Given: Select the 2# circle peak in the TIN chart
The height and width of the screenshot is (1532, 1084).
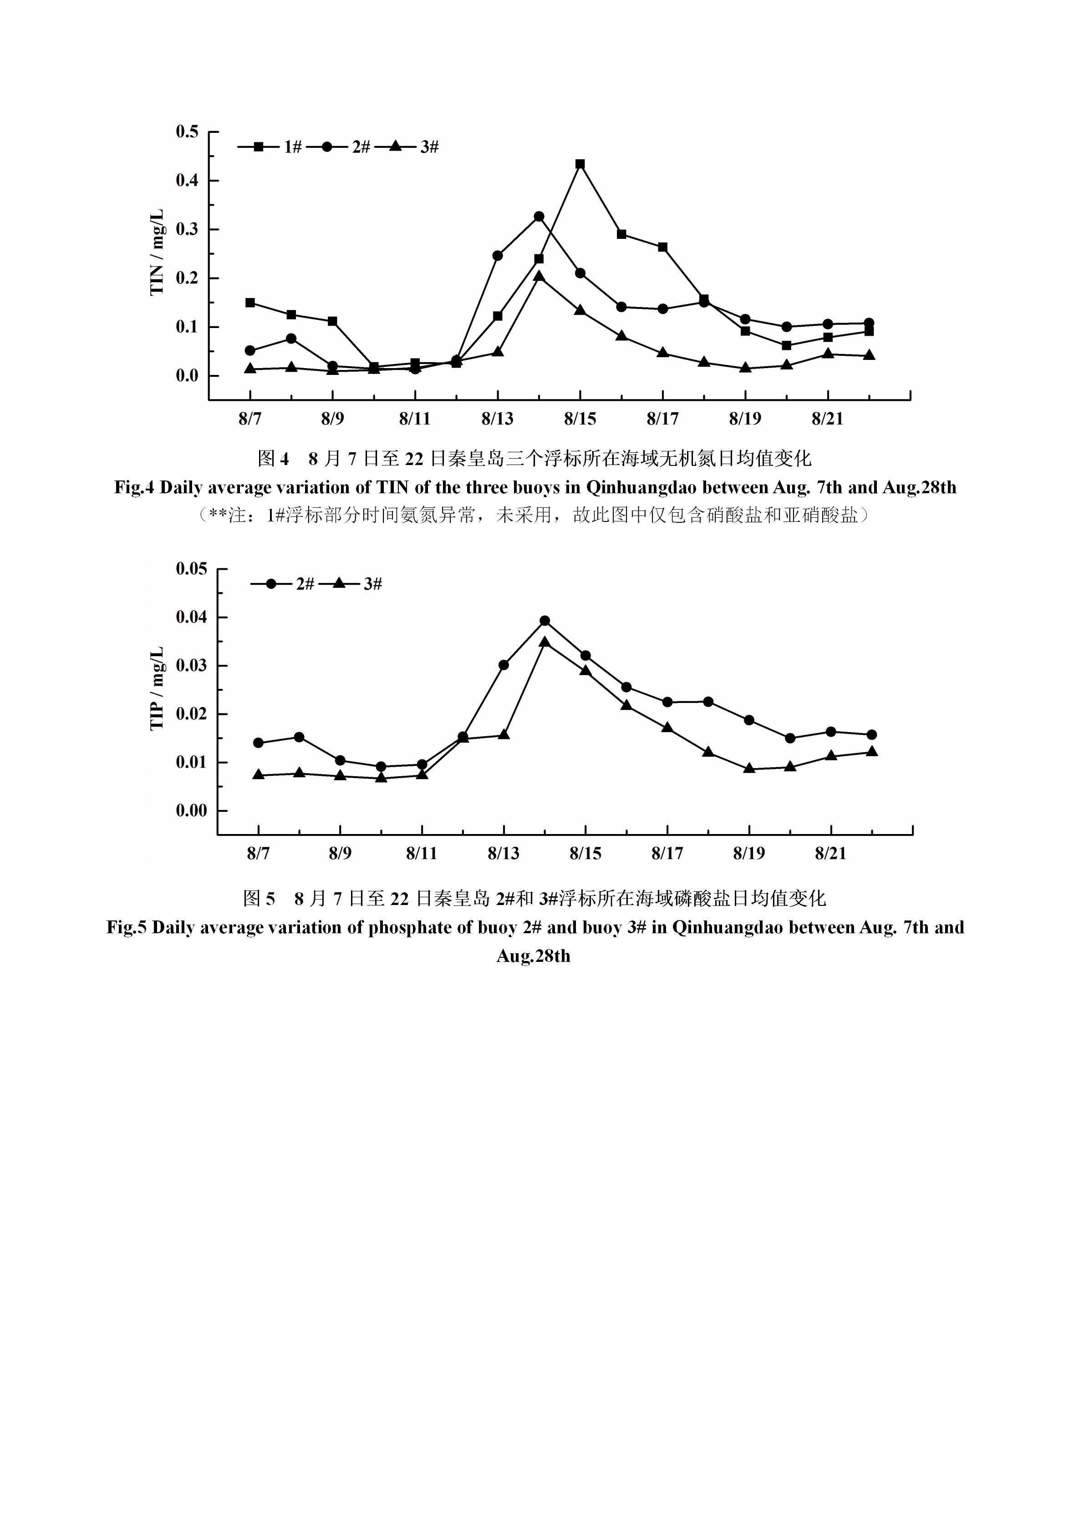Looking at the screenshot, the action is tap(539, 216).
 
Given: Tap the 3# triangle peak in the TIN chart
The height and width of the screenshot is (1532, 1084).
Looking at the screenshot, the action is tap(539, 276).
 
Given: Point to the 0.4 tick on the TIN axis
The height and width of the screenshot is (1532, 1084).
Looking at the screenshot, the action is tap(188, 180).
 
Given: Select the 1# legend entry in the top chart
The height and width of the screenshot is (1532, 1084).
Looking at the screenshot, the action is tap(270, 146).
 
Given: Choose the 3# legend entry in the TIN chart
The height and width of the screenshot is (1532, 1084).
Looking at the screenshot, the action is tap(407, 146).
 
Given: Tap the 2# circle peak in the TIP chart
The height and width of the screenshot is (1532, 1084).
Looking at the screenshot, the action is tap(545, 621).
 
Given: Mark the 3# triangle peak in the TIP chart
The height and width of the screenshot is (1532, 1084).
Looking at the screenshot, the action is tap(545, 641).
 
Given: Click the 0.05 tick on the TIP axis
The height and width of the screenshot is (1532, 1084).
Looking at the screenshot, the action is tap(192, 568).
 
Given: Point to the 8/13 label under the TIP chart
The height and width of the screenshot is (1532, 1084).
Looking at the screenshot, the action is tap(503, 854).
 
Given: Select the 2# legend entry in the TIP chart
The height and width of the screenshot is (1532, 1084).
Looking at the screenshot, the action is tap(282, 584).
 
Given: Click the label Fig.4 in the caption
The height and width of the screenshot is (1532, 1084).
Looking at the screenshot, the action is tap(134, 488).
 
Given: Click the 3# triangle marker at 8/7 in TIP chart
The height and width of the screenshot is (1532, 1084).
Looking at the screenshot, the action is tap(258, 775).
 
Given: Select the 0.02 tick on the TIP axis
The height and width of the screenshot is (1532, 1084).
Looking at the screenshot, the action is tap(192, 714).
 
